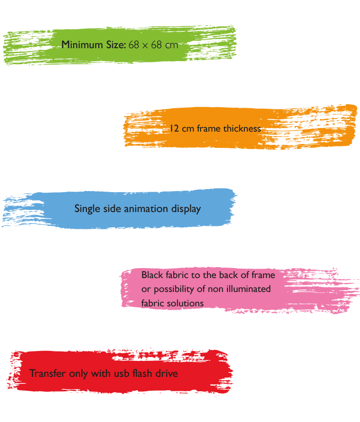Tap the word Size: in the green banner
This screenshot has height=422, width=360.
(116, 45)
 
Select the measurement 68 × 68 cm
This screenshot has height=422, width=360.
(153, 45)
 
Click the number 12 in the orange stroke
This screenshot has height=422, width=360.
(174, 129)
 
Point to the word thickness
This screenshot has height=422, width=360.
(242, 129)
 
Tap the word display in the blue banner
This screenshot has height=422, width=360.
(186, 209)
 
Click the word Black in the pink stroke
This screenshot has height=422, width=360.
(152, 275)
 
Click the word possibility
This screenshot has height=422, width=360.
(175, 289)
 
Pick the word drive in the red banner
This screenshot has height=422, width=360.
(167, 373)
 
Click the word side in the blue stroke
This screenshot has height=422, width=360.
(112, 209)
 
